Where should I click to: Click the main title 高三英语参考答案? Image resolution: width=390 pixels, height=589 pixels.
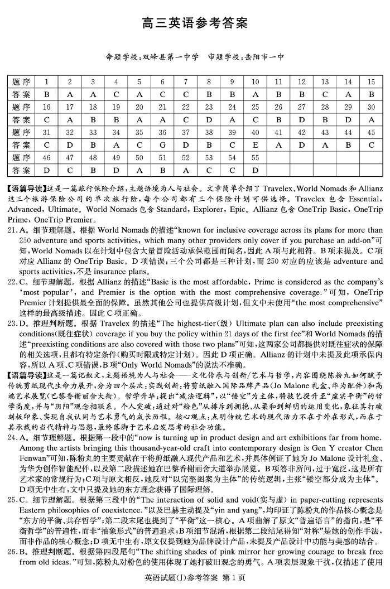(195, 23)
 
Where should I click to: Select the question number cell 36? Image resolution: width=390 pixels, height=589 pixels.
(162, 133)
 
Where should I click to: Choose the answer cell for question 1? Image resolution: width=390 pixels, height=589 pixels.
(47, 94)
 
